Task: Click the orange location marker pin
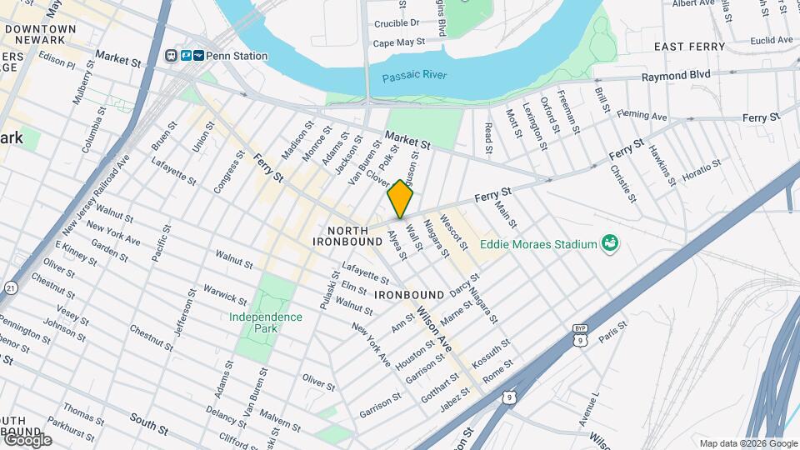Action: [x=401, y=198]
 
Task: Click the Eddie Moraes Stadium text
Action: [x=538, y=244]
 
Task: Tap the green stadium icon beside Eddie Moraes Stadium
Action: [x=611, y=243]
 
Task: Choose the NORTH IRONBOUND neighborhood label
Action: [x=347, y=236]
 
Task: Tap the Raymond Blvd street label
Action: [x=675, y=75]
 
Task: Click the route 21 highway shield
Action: [x=11, y=287]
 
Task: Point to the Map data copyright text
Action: [x=747, y=443]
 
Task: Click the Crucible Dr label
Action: [x=397, y=23]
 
